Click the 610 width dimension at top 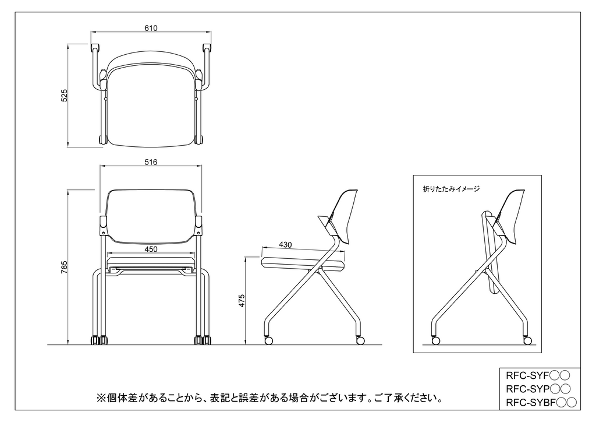coord(151,28)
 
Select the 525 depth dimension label coord(65,96)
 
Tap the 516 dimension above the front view coord(151,163)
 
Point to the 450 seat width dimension coord(151,249)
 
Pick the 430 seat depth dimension coord(285,245)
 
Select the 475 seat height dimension coord(242,300)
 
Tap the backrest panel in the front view coord(151,214)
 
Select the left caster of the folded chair coord(435,339)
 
